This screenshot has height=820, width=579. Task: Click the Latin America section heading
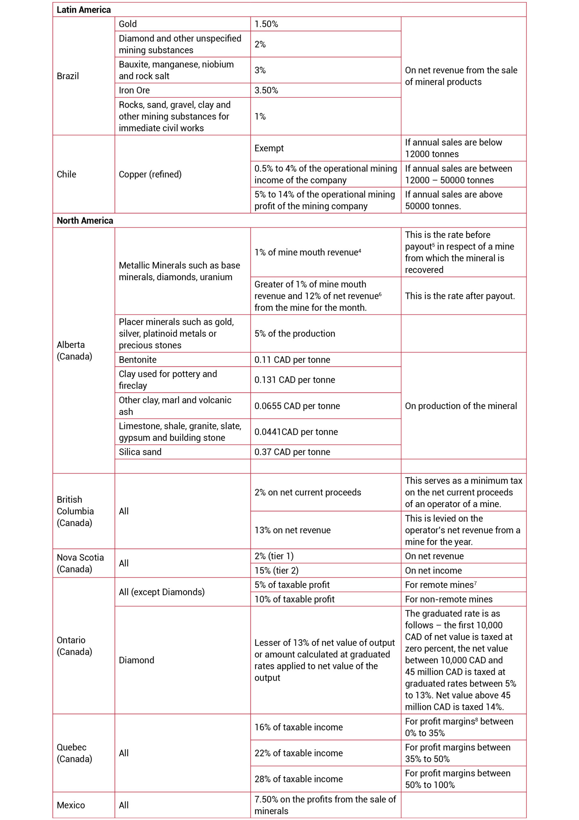coord(84,10)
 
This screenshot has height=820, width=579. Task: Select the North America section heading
coord(85,220)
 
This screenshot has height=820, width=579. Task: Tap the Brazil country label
coord(68,76)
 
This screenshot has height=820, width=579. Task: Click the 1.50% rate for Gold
coord(266,24)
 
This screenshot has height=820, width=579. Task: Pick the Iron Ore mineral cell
coord(134,90)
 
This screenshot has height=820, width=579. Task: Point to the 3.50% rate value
coord(266,90)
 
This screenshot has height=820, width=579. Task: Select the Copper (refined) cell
coord(150,174)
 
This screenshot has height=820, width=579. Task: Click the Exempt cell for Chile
coord(269,148)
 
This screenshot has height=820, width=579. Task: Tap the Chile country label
coord(66,174)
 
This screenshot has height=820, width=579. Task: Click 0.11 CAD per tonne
coord(292,360)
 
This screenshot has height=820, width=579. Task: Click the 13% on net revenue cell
coord(292,530)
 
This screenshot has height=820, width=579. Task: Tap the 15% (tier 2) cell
coord(276,570)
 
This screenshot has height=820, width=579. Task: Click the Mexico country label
coord(71,805)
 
